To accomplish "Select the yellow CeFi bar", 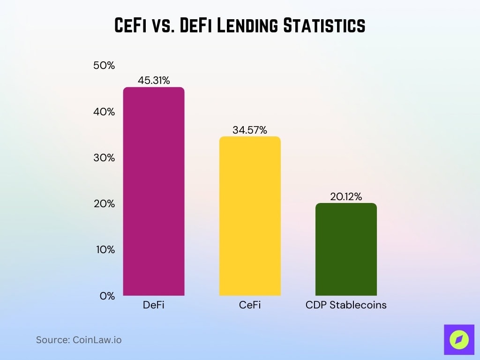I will coord(250,216).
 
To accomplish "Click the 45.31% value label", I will coord(154,81).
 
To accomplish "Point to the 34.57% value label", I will coord(250,130).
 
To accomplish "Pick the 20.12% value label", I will coord(346,197).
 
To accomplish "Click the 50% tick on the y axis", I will coord(104,66).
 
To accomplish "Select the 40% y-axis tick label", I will coord(104,112).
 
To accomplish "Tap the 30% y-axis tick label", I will coord(104,158).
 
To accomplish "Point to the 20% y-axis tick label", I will coord(104,204).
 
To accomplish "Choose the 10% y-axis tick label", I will coord(104,250).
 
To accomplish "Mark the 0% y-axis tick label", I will coord(106,296).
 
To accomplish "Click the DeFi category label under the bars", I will coord(154,305).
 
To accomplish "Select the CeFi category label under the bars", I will coord(250,305).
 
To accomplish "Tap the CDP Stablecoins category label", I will coord(346,305).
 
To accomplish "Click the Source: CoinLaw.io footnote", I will coord(79,340).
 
